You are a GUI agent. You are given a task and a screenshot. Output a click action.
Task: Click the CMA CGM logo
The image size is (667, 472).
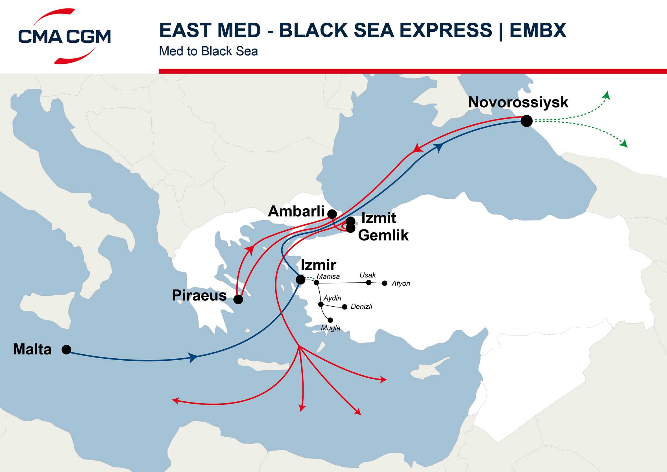point(64,36)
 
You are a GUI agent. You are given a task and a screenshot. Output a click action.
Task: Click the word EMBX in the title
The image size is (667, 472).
point(538,30)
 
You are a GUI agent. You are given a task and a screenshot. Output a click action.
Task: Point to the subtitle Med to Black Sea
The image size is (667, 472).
point(208,51)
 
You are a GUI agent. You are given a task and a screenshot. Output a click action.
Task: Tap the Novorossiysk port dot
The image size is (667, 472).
point(526,121)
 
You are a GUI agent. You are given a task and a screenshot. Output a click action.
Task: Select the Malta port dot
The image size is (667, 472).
point(67,350)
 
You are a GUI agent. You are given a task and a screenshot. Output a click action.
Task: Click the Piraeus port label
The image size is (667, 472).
point(199,295)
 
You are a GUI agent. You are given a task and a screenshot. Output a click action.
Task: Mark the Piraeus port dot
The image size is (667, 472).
point(238,299)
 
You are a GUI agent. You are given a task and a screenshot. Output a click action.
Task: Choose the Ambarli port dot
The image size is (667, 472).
point(332,214)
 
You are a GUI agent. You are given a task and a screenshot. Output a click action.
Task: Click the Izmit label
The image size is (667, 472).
point(378,218)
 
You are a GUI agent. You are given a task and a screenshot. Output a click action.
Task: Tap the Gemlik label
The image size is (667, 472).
point(383,235)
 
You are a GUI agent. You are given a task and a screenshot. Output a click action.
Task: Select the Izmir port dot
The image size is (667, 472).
point(300,280)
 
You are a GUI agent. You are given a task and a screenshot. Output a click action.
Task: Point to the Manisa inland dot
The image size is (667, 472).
point(317,283)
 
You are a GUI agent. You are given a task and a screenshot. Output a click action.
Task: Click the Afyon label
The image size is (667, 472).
point(401,283)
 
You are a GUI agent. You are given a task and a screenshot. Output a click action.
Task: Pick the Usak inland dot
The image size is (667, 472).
point(369,282)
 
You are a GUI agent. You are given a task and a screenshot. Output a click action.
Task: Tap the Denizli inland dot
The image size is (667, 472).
point(345,307)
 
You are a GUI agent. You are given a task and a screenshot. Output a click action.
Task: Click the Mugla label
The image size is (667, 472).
point(330,328)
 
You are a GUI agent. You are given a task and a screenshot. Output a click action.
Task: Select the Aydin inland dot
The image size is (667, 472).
point(321,304)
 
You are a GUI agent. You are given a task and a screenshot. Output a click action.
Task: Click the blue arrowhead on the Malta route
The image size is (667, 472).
point(193,357)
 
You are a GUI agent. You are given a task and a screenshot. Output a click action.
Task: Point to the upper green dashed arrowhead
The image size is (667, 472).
point(607,95)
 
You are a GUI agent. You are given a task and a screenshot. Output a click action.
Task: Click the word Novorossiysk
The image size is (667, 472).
point(518,102)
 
